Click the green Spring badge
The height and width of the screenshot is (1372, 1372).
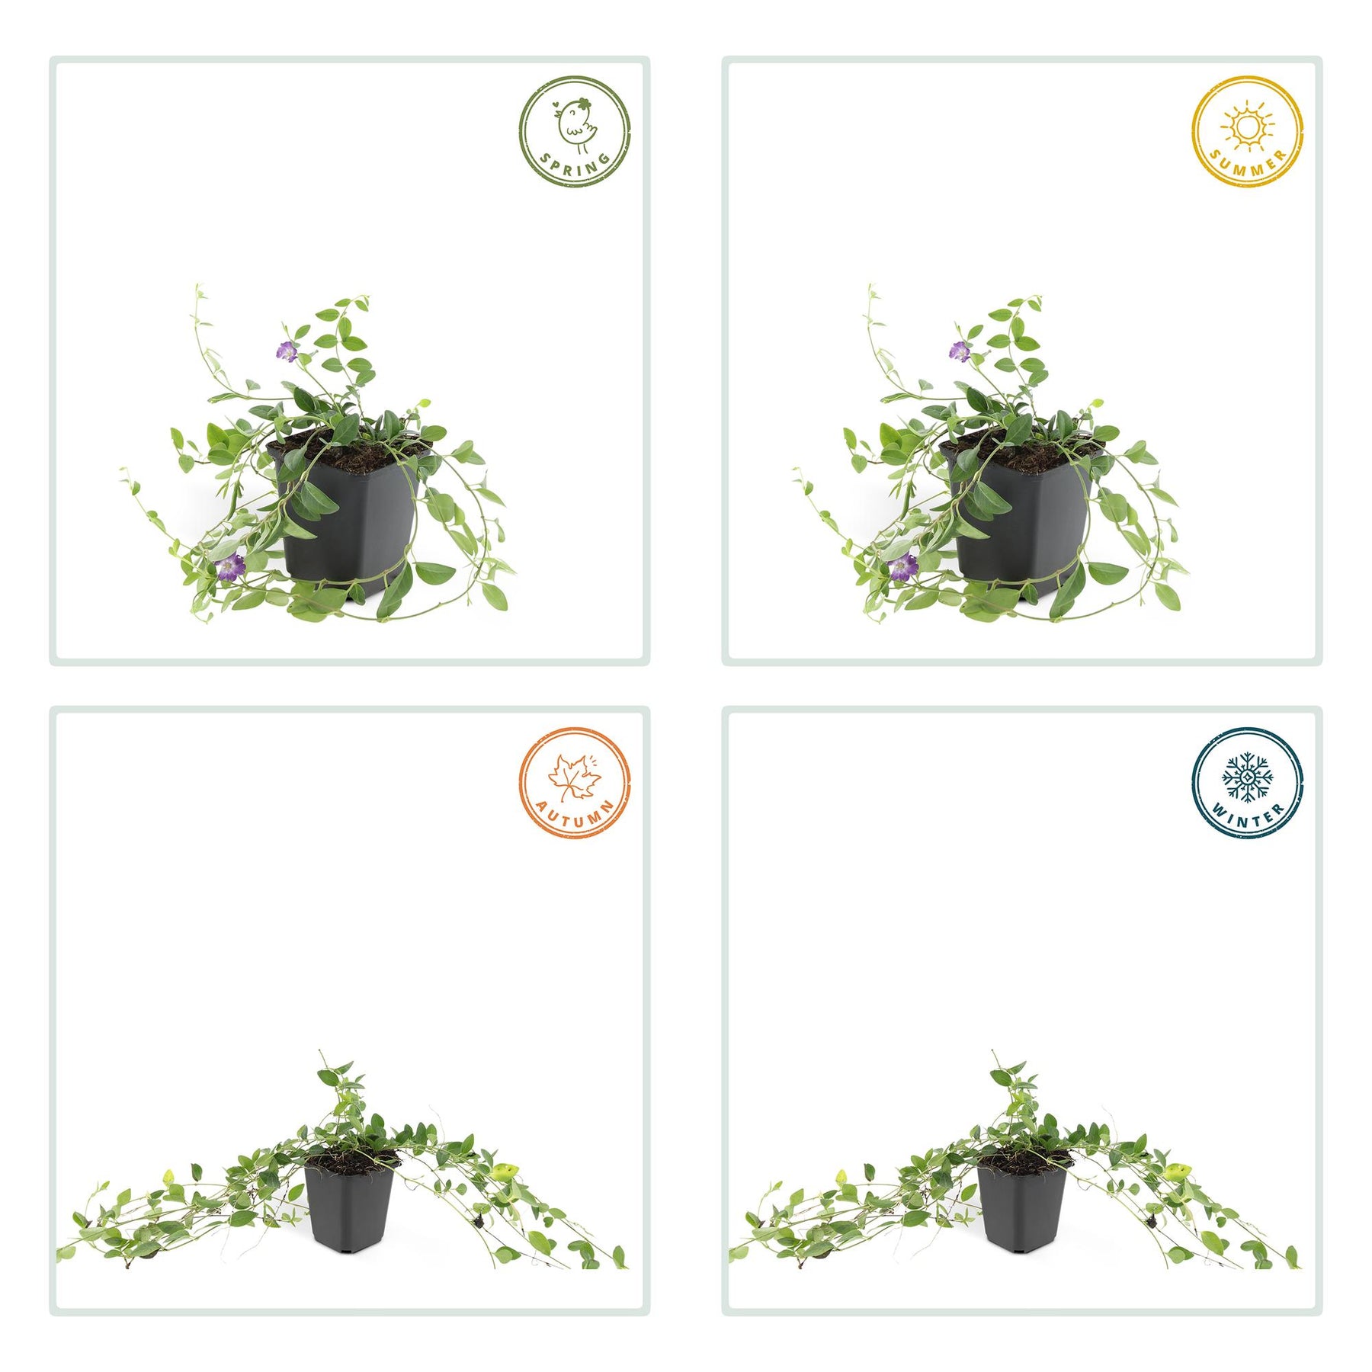(575, 131)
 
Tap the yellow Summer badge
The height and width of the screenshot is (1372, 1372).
(1248, 131)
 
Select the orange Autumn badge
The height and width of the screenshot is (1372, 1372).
(575, 782)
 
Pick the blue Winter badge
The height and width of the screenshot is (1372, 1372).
(1248, 782)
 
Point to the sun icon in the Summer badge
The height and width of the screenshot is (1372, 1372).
(1248, 126)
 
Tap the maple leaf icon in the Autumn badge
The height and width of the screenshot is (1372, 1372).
(574, 777)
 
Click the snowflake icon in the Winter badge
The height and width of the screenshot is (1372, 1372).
(1247, 777)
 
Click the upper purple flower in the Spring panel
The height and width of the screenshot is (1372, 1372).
(287, 351)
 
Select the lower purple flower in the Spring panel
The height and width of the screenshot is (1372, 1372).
(229, 567)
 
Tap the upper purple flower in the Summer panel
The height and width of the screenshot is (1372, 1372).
(959, 351)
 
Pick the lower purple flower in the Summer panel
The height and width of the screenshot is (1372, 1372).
(902, 567)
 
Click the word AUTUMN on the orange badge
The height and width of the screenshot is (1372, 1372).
(576, 815)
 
